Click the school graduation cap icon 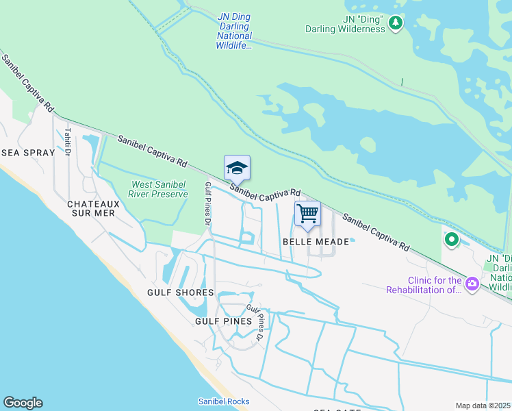[x=237, y=168]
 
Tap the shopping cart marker [x=307, y=214]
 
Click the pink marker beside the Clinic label [x=472, y=284]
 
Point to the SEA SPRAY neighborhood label [x=27, y=153]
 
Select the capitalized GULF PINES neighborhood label [x=223, y=321]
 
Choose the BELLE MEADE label [x=310, y=242]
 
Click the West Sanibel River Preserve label [x=159, y=189]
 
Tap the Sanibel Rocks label [x=224, y=401]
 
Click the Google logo [x=23, y=403]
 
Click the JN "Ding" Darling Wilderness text [x=345, y=24]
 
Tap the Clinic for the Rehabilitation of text [x=424, y=284]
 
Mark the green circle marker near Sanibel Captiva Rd [x=451, y=240]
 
